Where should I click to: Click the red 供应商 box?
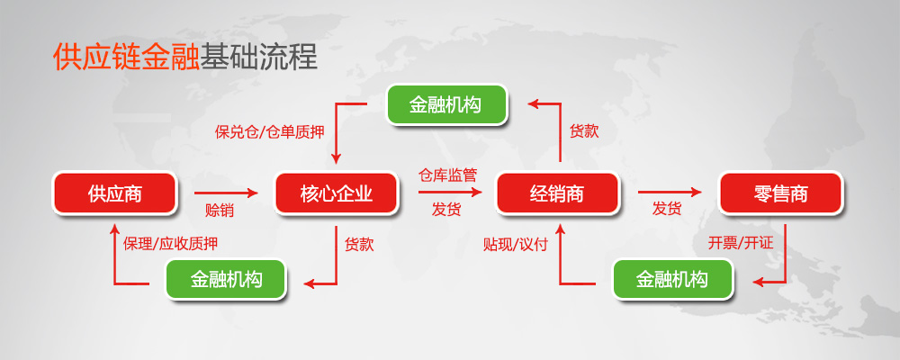115,193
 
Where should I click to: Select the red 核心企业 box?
337,193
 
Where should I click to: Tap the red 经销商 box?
557,193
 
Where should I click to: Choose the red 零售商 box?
780,193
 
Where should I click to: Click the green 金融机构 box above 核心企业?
447,104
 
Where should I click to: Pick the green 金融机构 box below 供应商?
226,279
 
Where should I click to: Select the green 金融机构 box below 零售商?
673,279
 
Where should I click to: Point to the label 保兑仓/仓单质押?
270,132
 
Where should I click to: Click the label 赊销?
220,210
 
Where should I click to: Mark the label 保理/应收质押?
170,243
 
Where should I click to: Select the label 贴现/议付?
516,245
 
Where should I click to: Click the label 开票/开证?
741,243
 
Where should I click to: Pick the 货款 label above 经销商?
584,131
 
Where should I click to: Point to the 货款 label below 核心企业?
359,245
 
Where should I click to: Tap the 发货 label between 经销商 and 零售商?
666,209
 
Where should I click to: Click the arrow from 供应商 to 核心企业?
226,193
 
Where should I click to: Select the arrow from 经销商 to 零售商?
670,193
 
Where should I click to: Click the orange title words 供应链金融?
126,57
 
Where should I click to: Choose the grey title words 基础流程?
258,57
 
